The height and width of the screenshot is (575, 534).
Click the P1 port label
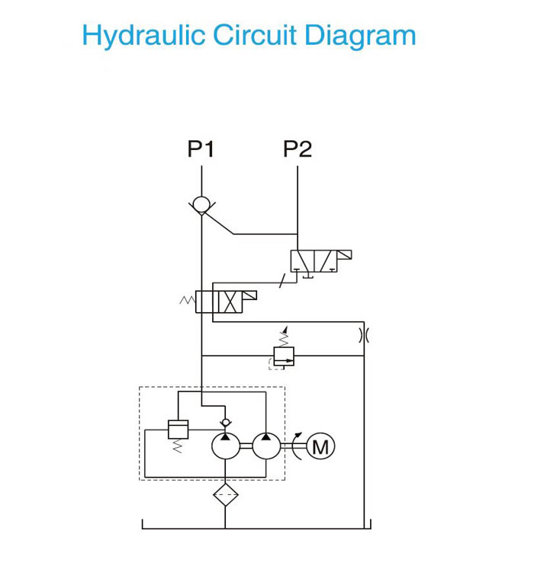click(x=201, y=149)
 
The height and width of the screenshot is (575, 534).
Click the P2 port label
click(x=298, y=149)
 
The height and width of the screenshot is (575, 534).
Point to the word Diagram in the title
click(x=360, y=36)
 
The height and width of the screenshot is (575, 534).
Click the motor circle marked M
click(x=320, y=446)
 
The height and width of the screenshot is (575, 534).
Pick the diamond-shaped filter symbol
click(x=226, y=495)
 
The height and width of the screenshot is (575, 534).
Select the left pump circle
click(x=226, y=446)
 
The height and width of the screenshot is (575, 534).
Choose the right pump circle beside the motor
click(x=266, y=446)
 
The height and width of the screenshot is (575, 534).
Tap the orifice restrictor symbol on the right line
click(x=364, y=335)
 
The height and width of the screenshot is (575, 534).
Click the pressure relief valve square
click(x=284, y=356)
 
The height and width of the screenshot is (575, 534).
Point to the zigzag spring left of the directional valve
click(x=188, y=300)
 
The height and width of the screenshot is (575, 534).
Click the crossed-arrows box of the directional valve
click(x=230, y=302)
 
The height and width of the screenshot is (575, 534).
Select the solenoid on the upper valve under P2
click(x=344, y=254)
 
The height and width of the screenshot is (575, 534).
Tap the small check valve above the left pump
click(x=226, y=423)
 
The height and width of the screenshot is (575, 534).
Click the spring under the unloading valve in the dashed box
click(x=178, y=446)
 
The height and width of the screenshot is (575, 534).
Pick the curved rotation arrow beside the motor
click(x=297, y=446)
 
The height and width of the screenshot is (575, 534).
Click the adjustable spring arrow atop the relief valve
click(x=284, y=336)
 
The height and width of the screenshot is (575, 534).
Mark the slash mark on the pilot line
click(x=282, y=281)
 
